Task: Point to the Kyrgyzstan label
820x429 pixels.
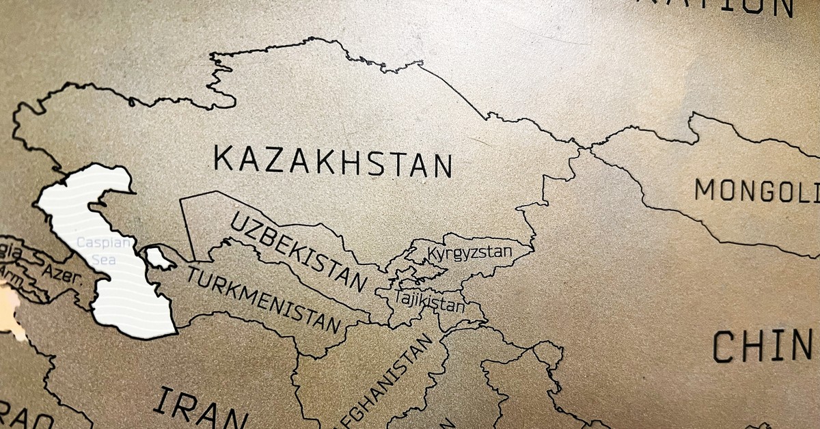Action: point(469,253)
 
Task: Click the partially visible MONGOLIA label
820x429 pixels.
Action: point(756,191)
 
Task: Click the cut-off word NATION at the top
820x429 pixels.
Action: point(738,7)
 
